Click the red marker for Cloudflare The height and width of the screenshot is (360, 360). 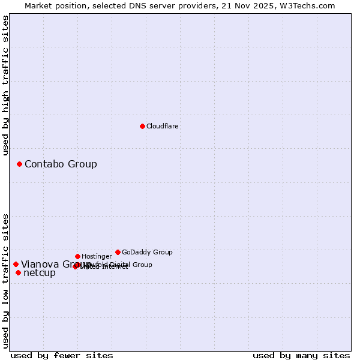142,126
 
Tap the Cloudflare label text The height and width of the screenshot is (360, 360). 163,127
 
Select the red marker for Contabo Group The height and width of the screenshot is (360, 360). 19,164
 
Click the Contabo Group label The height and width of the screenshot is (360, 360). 61,164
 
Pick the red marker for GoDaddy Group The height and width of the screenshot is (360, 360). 118,252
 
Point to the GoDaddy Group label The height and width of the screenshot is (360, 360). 147,253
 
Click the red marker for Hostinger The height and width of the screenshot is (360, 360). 77,256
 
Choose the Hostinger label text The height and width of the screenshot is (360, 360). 97,257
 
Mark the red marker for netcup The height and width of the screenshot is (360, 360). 18,272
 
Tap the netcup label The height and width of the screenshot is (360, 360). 40,273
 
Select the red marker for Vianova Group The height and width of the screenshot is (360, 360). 16,264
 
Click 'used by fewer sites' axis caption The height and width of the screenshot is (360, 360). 62,356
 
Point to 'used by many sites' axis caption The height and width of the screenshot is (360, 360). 301,356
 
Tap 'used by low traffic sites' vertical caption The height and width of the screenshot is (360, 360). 6,280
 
